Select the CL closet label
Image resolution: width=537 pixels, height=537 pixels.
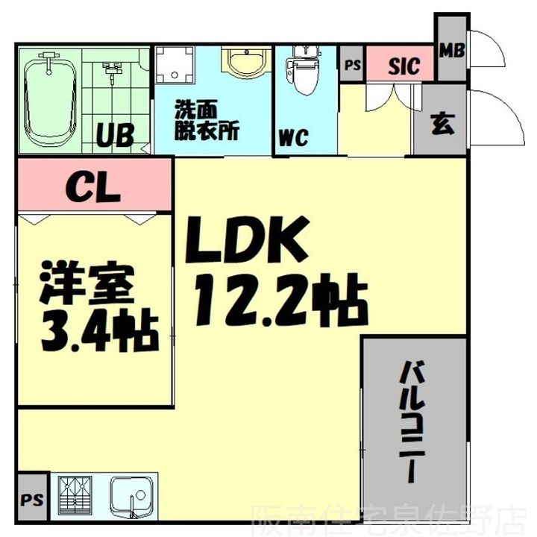pyautogui.click(x=93, y=186)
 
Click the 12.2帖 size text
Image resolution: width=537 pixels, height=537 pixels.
pyautogui.click(x=279, y=299)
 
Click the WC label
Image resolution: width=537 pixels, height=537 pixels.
pyautogui.click(x=294, y=138)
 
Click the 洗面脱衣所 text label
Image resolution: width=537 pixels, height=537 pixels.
pyautogui.click(x=207, y=120)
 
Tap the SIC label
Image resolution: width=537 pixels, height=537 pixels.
pyautogui.click(x=403, y=66)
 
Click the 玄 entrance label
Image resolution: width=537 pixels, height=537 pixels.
pyautogui.click(x=442, y=123)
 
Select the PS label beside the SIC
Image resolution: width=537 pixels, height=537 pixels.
pyautogui.click(x=353, y=65)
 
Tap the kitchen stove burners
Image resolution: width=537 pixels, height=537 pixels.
pyautogui.click(x=76, y=494)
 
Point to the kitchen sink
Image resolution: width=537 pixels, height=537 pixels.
pyautogui.click(x=132, y=495)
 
